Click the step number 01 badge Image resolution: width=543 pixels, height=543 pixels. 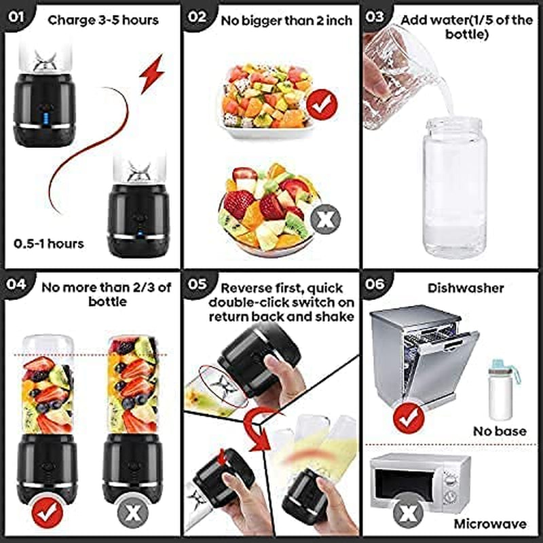pyautogui.click(x=16, y=16)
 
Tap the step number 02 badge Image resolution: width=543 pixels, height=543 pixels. pyautogui.click(x=196, y=16)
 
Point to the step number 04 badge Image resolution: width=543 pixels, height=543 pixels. pyautogui.click(x=16, y=284)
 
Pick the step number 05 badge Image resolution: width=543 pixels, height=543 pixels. pyautogui.click(x=197, y=284)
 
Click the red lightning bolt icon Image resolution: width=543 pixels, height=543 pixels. pyautogui.click(x=151, y=73)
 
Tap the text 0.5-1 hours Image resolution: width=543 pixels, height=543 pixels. pyautogui.click(x=49, y=244)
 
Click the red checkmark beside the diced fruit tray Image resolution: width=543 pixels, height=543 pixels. pyautogui.click(x=322, y=105)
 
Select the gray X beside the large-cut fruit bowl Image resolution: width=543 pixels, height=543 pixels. pyautogui.click(x=326, y=219)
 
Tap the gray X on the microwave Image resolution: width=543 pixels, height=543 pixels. pyautogui.click(x=409, y=512)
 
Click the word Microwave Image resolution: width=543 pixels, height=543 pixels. pyautogui.click(x=490, y=524)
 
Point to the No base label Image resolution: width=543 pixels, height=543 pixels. pyautogui.click(x=500, y=431)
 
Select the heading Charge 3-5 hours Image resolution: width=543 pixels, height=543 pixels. pyautogui.click(x=103, y=20)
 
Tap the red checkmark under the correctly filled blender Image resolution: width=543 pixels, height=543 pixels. pyautogui.click(x=48, y=513)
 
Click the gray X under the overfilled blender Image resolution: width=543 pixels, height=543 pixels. pyautogui.click(x=133, y=513)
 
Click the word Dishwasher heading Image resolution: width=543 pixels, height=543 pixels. pyautogui.click(x=466, y=288)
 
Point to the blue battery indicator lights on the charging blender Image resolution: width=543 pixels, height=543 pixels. pyautogui.click(x=46, y=118)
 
